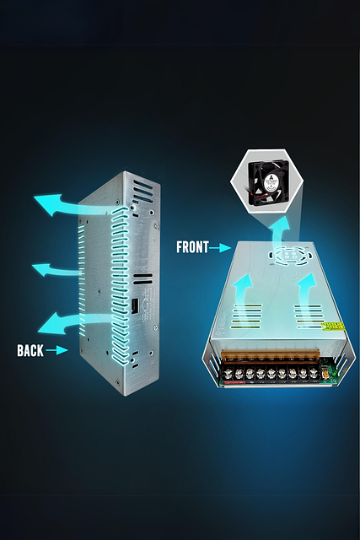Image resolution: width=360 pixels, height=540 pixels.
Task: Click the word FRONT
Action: coord(192,247)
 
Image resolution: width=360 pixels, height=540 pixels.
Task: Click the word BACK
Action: coord(30,351)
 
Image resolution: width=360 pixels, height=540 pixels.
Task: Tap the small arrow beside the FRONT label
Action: coord(219,247)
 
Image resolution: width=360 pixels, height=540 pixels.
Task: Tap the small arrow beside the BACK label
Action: coord(56,350)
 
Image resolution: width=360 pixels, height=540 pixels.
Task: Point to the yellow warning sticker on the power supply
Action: coord(332,327)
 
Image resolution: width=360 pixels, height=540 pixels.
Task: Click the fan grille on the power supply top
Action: coord(290,256)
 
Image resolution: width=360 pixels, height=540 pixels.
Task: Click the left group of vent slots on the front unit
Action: coord(247,316)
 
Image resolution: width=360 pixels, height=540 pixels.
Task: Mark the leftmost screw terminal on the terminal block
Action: coord(228,373)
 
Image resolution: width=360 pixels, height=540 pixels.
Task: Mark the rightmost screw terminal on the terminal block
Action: coord(313,372)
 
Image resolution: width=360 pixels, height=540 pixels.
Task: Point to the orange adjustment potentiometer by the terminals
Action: coord(325,371)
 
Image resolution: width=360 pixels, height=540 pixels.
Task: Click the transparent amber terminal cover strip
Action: coord(271,356)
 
